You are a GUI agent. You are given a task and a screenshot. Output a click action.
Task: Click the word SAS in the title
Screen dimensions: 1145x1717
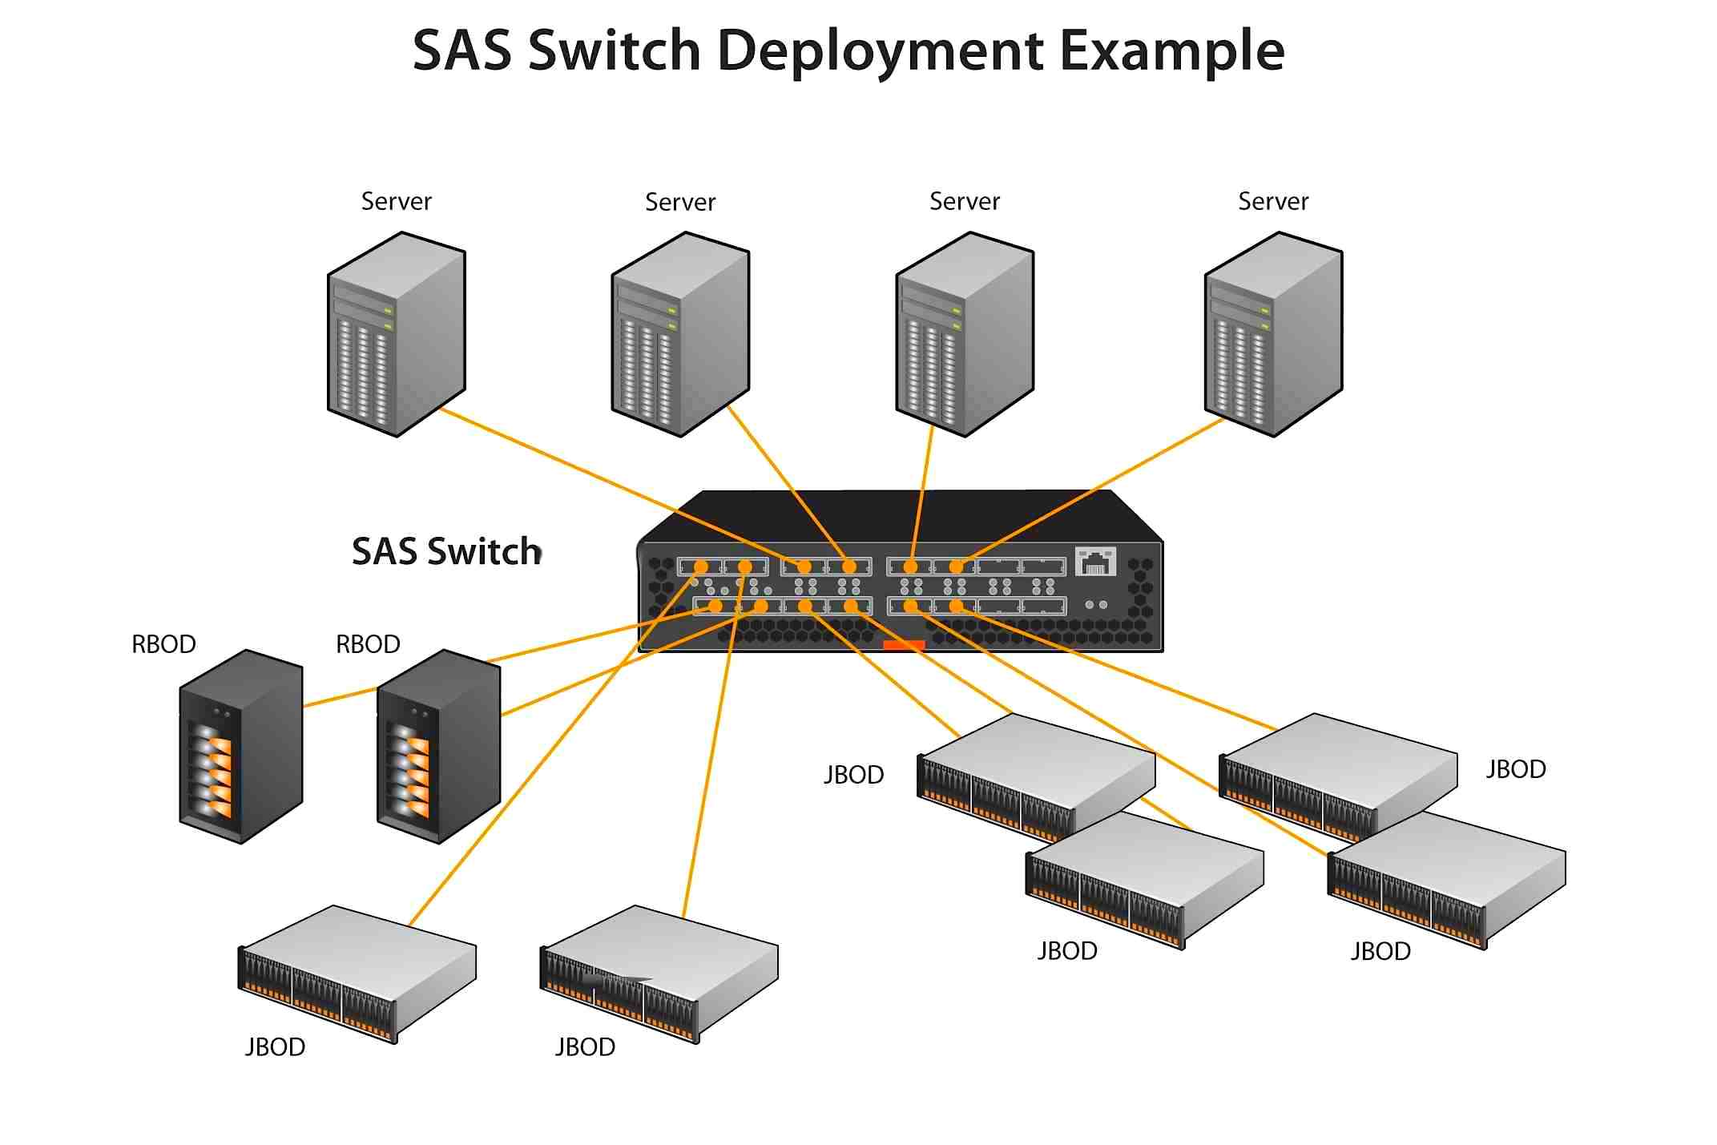(461, 50)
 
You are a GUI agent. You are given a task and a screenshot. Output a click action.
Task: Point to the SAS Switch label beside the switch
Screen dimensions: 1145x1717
(446, 551)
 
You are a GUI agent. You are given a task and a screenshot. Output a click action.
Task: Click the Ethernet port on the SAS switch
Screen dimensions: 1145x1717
(1094, 562)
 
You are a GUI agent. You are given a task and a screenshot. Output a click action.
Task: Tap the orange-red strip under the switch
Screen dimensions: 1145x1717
(904, 644)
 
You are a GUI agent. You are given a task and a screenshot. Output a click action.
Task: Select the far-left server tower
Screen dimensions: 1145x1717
(396, 334)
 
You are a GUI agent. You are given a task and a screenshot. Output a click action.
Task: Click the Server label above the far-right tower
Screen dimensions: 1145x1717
(1272, 201)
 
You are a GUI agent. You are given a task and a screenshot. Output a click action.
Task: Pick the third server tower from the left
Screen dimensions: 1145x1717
(965, 334)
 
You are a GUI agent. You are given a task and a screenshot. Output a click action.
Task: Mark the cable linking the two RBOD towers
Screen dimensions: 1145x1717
(340, 697)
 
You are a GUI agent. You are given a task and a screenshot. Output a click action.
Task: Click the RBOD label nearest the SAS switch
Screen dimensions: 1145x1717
(368, 644)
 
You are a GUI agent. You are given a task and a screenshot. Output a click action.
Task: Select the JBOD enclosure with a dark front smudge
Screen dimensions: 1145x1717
(659, 974)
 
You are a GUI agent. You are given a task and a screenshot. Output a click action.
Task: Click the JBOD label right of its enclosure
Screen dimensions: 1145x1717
(1515, 769)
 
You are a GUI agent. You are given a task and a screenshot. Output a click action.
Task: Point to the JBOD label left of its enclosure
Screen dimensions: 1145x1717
(854, 775)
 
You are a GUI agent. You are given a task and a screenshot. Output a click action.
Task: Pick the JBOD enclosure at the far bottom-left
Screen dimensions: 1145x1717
(357, 974)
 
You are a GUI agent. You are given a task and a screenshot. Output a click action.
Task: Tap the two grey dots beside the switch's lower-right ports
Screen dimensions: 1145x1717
(1096, 605)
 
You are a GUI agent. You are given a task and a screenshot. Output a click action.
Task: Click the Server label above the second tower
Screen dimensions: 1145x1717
(679, 202)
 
